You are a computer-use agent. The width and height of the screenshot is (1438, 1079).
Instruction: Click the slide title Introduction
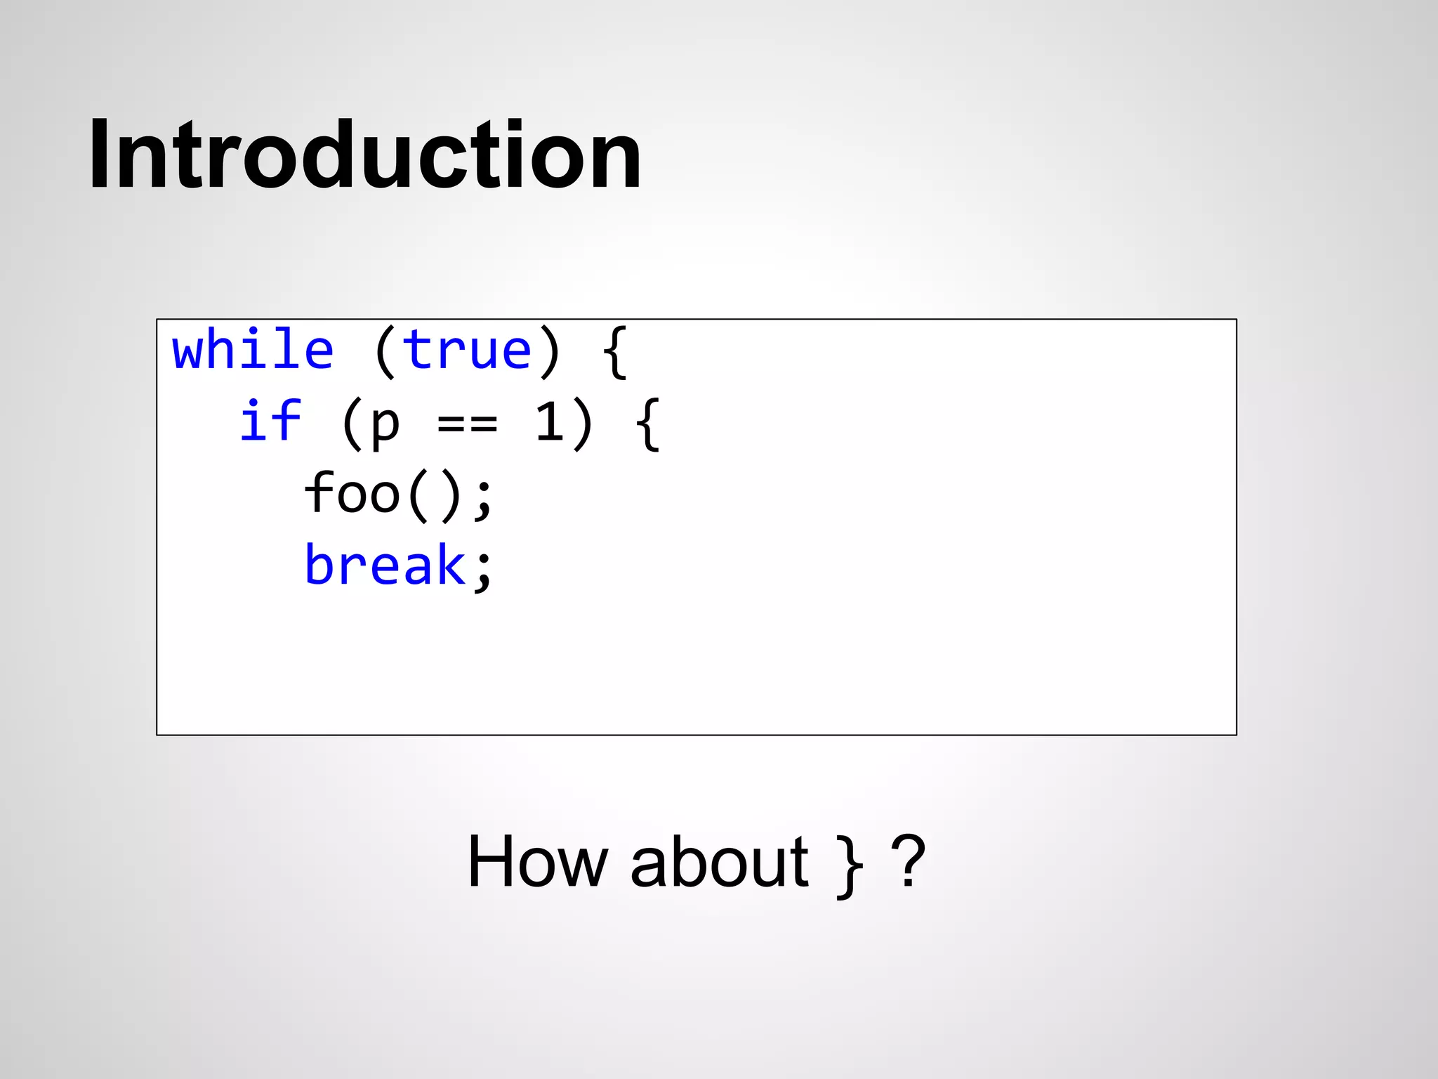(x=364, y=155)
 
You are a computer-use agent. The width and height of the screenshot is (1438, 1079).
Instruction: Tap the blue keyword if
(x=270, y=421)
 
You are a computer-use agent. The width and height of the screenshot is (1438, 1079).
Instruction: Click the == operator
(x=468, y=424)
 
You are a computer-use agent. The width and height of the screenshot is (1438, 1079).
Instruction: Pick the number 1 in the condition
(x=550, y=421)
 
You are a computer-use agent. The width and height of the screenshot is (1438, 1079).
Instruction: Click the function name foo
(x=352, y=493)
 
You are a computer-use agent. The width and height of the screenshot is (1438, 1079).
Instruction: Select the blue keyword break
(x=385, y=565)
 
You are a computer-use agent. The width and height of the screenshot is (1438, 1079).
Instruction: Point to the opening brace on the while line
(x=615, y=353)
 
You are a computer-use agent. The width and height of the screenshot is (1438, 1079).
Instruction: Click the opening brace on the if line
(x=648, y=424)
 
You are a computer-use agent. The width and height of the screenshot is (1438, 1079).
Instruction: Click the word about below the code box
(x=719, y=863)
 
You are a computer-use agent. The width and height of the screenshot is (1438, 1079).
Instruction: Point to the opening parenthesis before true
(x=385, y=353)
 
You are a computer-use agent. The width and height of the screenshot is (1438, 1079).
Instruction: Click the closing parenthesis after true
(x=550, y=353)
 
